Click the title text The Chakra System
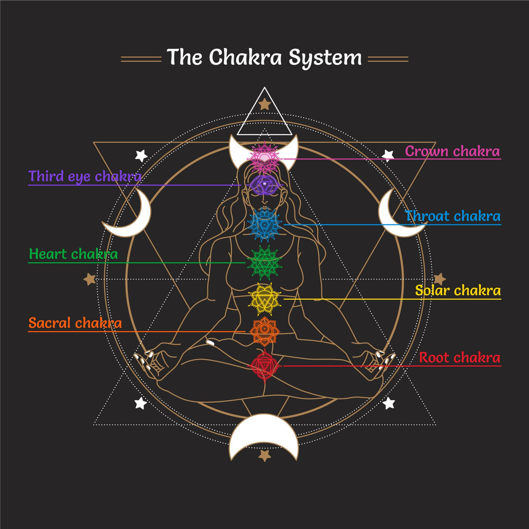pyautogui.click(x=264, y=58)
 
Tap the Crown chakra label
pyautogui.click(x=452, y=151)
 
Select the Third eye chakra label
pyautogui.click(x=85, y=176)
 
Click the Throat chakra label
pyautogui.click(x=453, y=216)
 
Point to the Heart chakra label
pyautogui.click(x=73, y=254)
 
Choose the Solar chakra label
pyautogui.click(x=458, y=291)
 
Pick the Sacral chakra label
pyautogui.click(x=75, y=323)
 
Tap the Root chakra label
pyautogui.click(x=459, y=358)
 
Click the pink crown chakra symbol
pyautogui.click(x=264, y=156)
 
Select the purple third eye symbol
pyautogui.click(x=264, y=184)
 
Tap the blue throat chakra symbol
pyautogui.click(x=264, y=224)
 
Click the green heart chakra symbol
pyautogui.click(x=264, y=263)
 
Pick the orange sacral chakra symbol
pyautogui.click(x=264, y=331)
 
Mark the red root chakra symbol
pyautogui.click(x=264, y=365)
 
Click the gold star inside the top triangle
pyautogui.click(x=264, y=104)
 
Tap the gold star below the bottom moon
pyautogui.click(x=264, y=455)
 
